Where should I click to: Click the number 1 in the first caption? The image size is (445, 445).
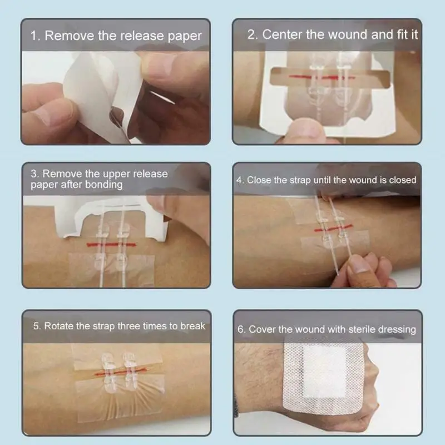click(x=33, y=36)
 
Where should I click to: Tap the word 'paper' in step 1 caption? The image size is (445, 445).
click(x=185, y=37)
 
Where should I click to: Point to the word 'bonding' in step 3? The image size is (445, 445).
click(x=103, y=185)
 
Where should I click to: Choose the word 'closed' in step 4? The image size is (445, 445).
click(x=402, y=180)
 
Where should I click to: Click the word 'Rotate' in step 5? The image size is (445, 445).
click(x=60, y=326)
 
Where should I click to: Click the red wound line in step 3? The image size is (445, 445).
click(x=108, y=244)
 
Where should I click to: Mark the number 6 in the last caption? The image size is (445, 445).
click(x=241, y=329)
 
